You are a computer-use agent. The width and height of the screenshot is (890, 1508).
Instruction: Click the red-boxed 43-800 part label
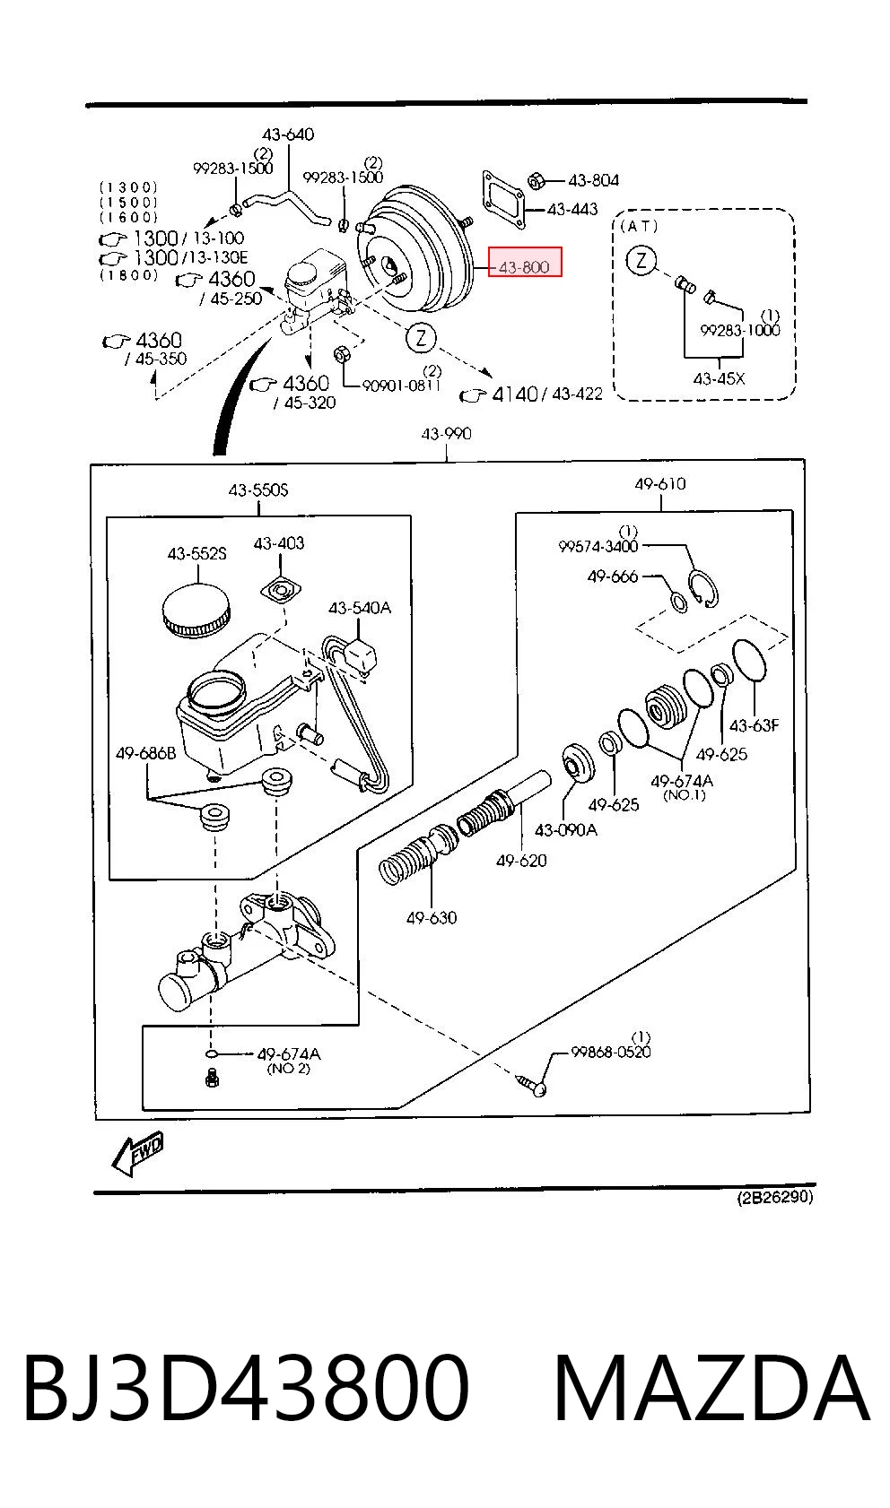[524, 267]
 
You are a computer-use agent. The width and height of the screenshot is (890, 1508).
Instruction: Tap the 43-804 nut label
[593, 180]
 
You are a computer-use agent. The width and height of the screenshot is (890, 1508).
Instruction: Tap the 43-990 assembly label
[446, 434]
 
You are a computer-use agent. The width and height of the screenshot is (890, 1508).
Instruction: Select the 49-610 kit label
[660, 483]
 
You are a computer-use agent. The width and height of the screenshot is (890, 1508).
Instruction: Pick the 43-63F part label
[754, 725]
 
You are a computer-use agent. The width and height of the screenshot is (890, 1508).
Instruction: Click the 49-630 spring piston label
[432, 917]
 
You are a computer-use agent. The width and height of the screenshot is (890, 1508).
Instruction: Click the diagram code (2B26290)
[775, 1197]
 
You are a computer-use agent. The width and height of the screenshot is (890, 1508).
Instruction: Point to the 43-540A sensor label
[359, 608]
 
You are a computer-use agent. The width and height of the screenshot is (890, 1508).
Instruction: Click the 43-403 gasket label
[279, 542]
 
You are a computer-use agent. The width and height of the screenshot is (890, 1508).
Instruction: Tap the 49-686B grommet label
[145, 753]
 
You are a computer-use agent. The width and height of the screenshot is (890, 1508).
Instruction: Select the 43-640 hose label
[288, 134]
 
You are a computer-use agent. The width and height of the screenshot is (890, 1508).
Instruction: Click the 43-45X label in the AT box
[719, 379]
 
